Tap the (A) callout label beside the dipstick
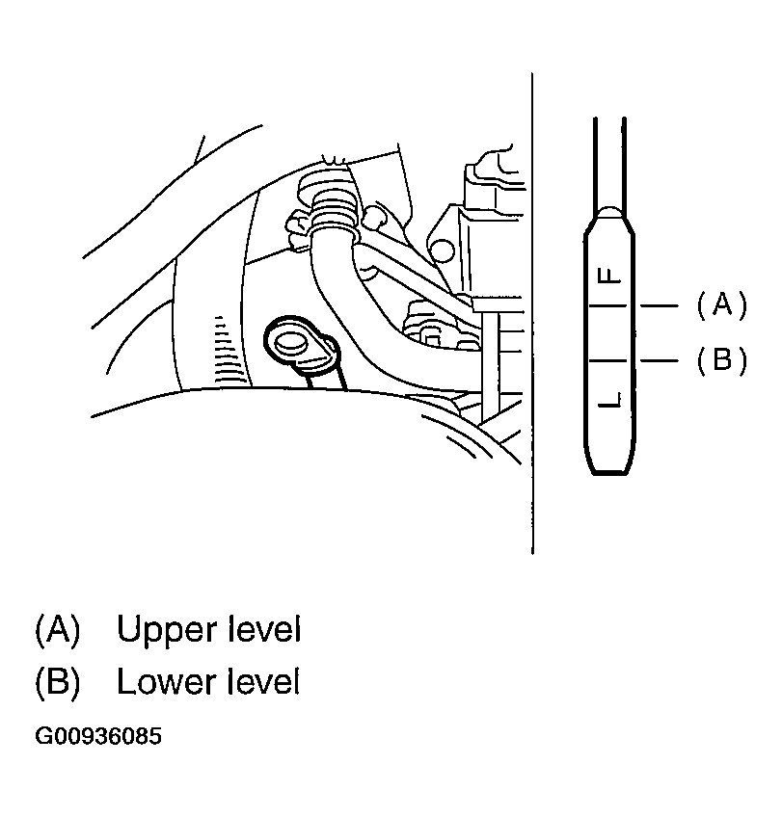tap(721, 304)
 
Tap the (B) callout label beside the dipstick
tap(721, 359)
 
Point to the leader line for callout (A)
tap(659, 305)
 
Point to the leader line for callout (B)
tap(659, 360)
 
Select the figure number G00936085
tap(98, 737)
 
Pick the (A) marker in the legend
tap(57, 630)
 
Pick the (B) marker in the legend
tap(57, 682)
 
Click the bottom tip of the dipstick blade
tap(608, 473)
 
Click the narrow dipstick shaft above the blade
tap(608, 163)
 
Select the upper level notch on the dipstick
tap(608, 305)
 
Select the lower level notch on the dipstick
tap(608, 360)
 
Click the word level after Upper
tap(264, 629)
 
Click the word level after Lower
tap(264, 681)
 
